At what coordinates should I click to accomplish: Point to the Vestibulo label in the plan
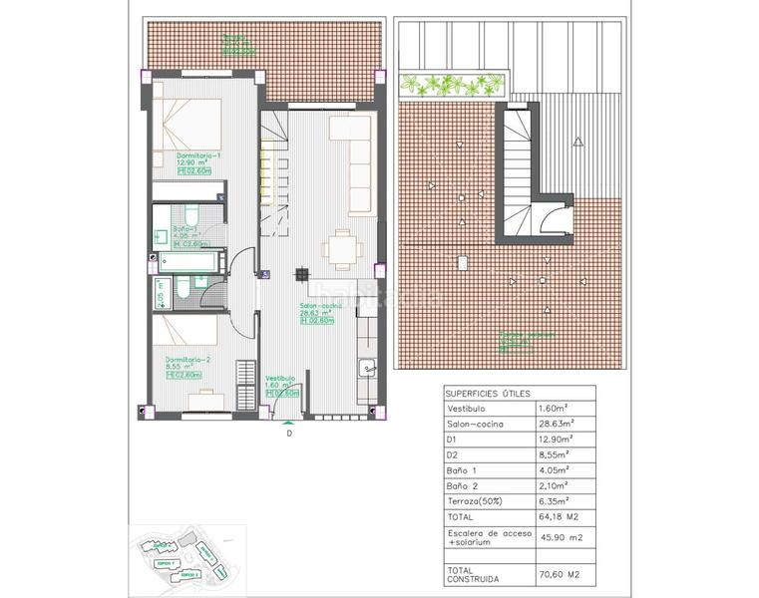point(280,379)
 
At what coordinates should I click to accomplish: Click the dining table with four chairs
point(342,246)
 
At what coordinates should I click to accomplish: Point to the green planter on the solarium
point(448,85)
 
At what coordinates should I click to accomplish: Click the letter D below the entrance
point(289,433)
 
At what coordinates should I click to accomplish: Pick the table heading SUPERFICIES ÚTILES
point(488,394)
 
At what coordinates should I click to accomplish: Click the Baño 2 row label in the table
point(466,484)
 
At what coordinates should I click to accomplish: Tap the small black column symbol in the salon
point(299,275)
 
